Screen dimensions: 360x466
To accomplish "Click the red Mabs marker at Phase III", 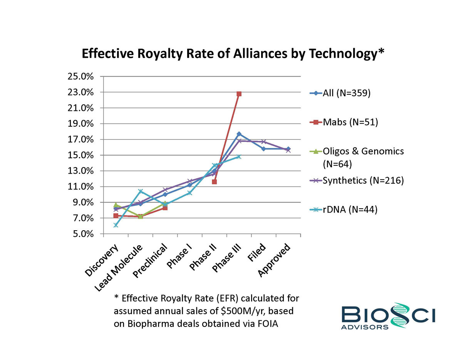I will tap(239, 94).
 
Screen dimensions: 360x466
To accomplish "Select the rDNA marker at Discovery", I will tap(116, 225).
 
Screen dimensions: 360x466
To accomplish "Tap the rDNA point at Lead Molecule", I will tap(140, 191).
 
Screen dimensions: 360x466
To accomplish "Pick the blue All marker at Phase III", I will tap(239, 134).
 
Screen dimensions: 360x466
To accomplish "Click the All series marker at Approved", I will tap(288, 149).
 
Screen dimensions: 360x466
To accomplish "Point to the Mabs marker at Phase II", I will tap(214, 182).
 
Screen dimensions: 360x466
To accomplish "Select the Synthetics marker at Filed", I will tap(263, 142).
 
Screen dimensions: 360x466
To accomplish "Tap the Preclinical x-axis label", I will tap(150, 260).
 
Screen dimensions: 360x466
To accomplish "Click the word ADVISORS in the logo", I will tap(365, 327).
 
